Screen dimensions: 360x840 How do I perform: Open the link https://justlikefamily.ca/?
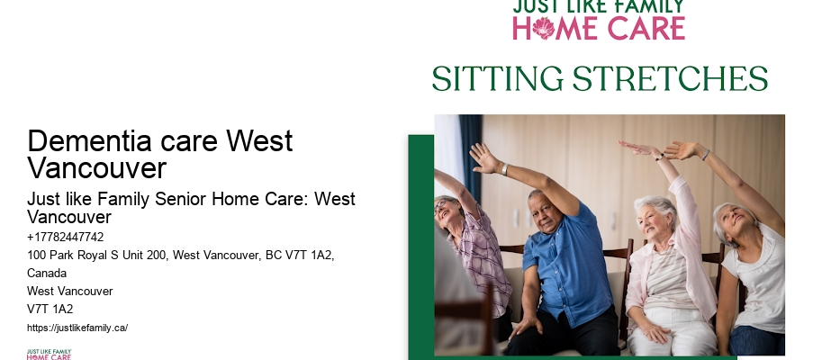pyautogui.click(x=77, y=328)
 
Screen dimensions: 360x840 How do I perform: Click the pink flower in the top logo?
pyautogui.click(x=543, y=28)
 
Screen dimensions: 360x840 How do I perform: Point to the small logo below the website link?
pyautogui.click(x=49, y=354)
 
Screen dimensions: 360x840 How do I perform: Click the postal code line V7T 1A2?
pyautogui.click(x=50, y=309)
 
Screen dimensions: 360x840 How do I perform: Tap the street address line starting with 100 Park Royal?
pyautogui.click(x=180, y=256)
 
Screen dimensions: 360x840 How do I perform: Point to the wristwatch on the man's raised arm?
pyautogui.click(x=504, y=169)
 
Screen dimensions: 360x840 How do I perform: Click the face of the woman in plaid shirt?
pyautogui.click(x=447, y=211)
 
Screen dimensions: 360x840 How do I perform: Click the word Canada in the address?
pyautogui.click(x=47, y=273)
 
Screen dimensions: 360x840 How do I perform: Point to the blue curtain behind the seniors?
pyautogui.click(x=469, y=153)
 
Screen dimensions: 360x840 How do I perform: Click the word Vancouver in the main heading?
pyautogui.click(x=97, y=167)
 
